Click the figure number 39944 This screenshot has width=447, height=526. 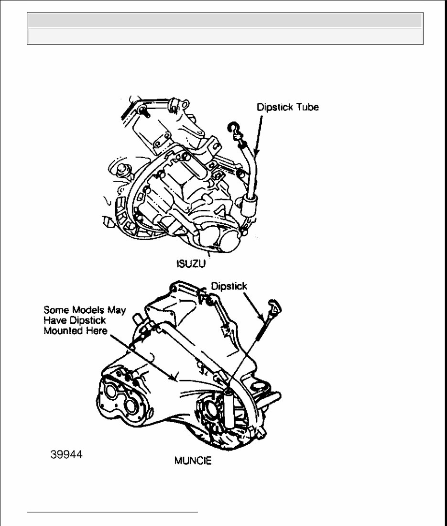click(66, 455)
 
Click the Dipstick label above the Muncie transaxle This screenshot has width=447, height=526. click(229, 286)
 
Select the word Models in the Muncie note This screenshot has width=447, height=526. click(85, 310)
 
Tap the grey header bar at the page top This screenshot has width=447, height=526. click(225, 20)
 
